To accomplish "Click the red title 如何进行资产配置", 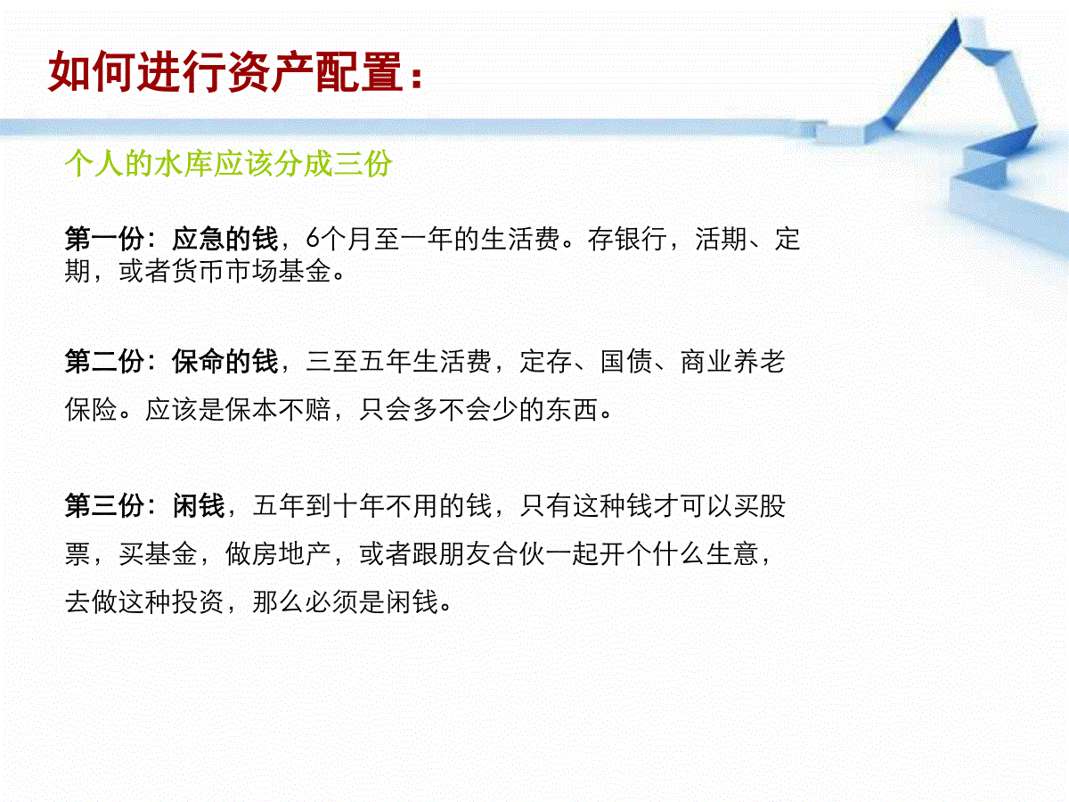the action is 225,71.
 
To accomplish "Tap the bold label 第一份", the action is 104,239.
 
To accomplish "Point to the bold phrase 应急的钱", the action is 225,239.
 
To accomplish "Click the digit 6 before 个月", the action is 312,239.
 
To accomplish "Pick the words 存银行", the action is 627,239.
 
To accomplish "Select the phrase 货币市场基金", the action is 251,271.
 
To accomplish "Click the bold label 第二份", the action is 104,361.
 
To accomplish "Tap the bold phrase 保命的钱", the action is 225,361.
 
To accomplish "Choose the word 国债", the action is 627,361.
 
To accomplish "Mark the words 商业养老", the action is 732,361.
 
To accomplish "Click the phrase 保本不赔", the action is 278,409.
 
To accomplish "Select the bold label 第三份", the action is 104,505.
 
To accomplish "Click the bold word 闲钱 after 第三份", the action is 199,505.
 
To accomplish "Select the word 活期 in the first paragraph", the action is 722,239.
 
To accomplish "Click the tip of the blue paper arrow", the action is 956,19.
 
